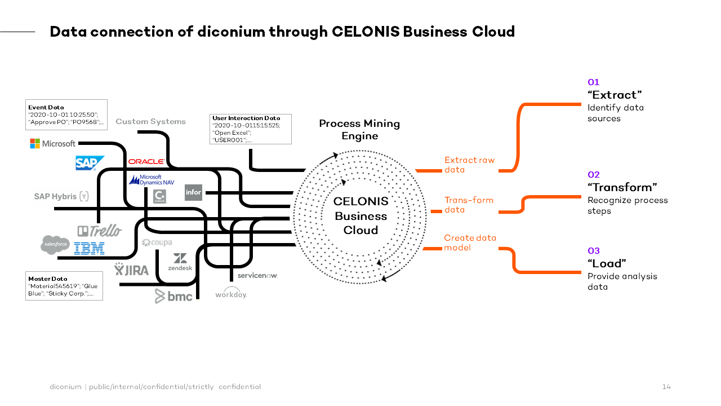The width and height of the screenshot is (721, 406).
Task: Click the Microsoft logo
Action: (52, 144)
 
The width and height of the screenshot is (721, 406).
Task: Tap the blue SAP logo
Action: (90, 163)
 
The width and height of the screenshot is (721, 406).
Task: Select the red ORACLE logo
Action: (146, 162)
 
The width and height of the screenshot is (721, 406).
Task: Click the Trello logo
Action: (99, 231)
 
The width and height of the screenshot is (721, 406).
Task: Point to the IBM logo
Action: (89, 248)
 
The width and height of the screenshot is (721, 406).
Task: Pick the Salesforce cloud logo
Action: (55, 245)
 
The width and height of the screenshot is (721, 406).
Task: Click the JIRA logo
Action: (132, 270)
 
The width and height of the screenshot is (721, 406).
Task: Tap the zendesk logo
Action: (180, 262)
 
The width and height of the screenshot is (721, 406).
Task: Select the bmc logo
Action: (173, 295)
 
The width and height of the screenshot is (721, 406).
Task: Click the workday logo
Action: (231, 294)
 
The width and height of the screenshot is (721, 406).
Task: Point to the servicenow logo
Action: (257, 275)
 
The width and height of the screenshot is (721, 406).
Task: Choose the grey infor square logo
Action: (193, 192)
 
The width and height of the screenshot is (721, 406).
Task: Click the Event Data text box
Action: (66, 114)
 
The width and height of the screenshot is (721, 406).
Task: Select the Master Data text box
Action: (64, 286)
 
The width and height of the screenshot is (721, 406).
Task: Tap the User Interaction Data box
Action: (250, 129)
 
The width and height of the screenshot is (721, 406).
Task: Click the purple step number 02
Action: (594, 175)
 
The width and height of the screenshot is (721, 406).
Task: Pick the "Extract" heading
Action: (615, 95)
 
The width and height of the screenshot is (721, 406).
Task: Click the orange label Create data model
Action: (470, 242)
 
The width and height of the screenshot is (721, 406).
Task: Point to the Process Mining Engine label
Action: (359, 130)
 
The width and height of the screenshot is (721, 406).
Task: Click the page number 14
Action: (666, 387)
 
